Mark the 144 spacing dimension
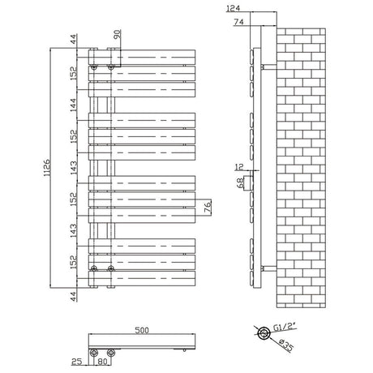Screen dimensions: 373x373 (x=72, y=104)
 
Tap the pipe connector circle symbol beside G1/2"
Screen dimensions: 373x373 (x=264, y=332)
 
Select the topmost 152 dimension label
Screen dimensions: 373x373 (x=72, y=73)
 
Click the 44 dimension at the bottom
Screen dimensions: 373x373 (x=72, y=296)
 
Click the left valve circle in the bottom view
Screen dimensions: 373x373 (x=96, y=353)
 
